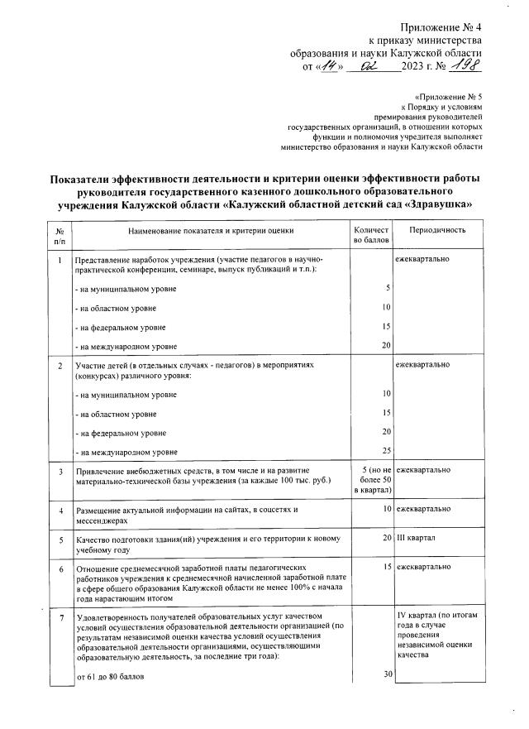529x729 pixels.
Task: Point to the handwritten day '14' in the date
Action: click(331, 66)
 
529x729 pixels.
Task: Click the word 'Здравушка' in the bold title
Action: click(436, 204)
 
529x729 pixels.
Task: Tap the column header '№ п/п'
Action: click(59, 237)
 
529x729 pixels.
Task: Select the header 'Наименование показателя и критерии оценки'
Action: click(210, 231)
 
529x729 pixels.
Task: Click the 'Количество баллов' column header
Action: click(369, 237)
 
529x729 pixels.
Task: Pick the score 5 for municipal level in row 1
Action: click(386, 289)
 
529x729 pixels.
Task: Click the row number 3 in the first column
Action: click(60, 472)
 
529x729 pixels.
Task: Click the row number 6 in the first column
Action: click(60, 568)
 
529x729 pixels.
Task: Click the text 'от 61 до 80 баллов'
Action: click(110, 677)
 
